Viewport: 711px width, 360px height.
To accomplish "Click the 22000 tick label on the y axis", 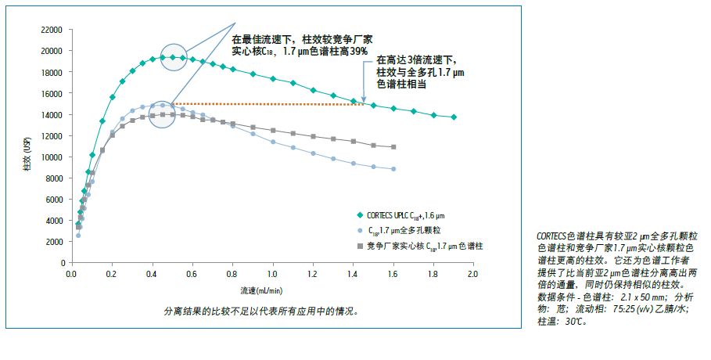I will (x=52, y=30).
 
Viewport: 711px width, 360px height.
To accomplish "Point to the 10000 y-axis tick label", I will (x=52, y=157).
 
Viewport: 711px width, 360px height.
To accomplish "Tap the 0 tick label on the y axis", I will (x=60, y=264).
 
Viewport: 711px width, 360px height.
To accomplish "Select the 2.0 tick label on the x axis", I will (x=472, y=275).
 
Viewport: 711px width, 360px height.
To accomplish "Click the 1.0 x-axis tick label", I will (x=271, y=275).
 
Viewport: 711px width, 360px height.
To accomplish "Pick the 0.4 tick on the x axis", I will (x=152, y=275).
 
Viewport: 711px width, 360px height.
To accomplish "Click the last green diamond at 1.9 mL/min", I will (x=454, y=117).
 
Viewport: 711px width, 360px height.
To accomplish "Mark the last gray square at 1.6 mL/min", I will (x=393, y=147).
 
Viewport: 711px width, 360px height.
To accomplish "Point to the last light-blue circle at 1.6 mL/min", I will (x=393, y=169).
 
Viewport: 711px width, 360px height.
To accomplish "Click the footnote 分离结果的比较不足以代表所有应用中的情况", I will (x=260, y=311).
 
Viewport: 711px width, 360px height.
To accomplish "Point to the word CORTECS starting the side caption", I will (x=555, y=236).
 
